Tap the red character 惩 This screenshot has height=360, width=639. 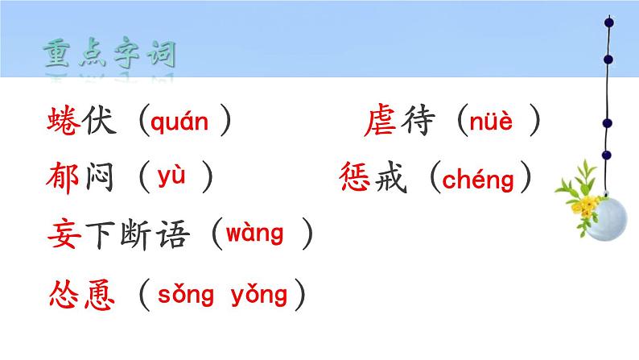pos(357,179)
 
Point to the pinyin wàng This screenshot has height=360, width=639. pos(254,235)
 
